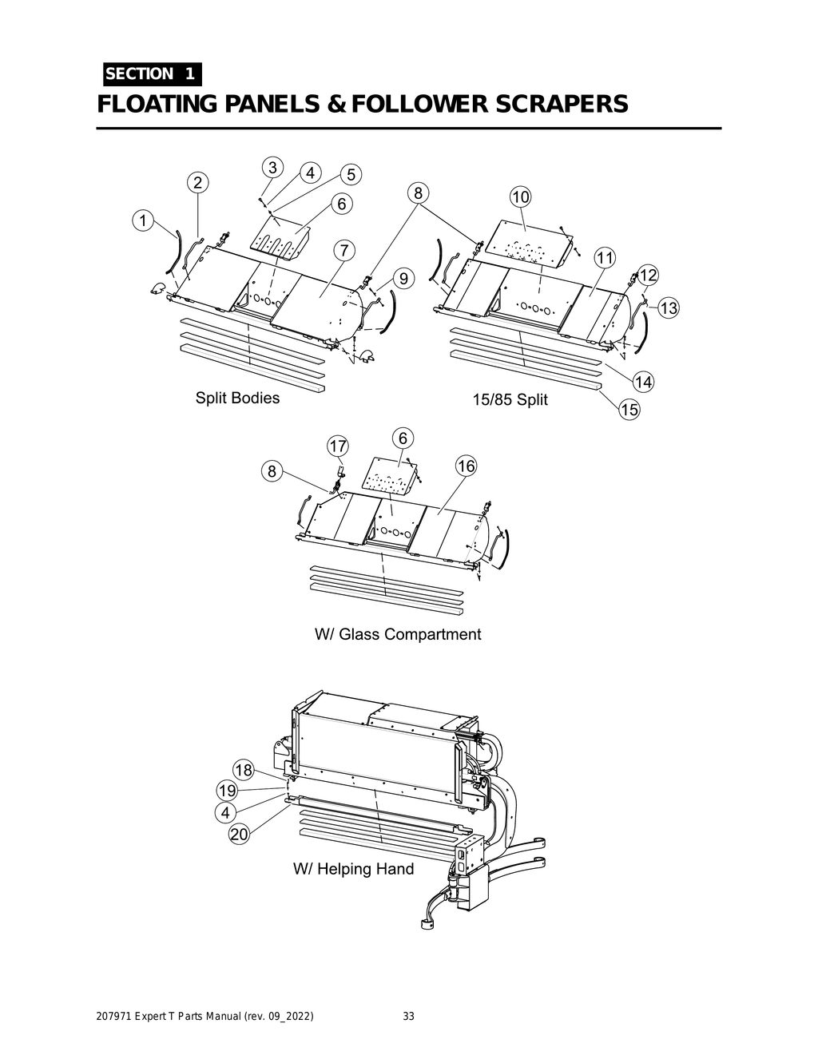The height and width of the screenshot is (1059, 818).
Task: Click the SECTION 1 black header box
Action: pos(151,74)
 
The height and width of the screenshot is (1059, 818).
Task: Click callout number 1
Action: pos(143,220)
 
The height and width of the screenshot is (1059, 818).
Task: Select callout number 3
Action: pos(273,168)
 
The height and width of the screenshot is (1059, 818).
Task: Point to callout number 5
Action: pos(350,174)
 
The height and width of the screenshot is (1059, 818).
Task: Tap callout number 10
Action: pos(520,197)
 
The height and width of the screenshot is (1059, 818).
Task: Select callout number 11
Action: pos(605,258)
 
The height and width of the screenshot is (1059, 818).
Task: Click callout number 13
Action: pos(668,307)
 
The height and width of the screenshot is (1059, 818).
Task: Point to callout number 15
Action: pos(629,410)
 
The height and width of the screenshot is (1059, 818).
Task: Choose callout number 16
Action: pos(466,466)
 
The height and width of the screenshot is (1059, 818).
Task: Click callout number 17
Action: pos(338,445)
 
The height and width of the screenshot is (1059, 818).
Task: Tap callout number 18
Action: pos(243,771)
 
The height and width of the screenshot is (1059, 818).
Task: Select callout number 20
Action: pos(239,835)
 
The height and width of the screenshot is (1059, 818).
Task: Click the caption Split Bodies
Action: pos(237,398)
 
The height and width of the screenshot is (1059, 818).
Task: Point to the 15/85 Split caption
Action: pos(510,399)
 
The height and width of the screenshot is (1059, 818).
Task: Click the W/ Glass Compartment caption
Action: pos(398,634)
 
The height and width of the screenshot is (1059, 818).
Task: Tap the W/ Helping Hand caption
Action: pos(353,869)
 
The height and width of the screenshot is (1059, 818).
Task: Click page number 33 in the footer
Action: pos(408,1017)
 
